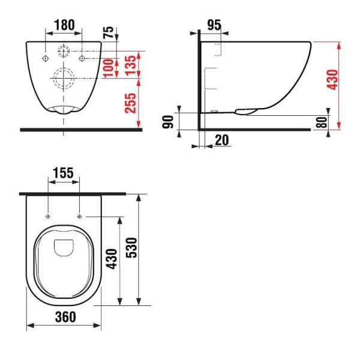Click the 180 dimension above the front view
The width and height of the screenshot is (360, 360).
[x=64, y=25]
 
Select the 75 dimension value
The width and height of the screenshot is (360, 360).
[x=107, y=31]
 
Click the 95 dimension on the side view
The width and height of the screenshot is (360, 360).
[x=214, y=25]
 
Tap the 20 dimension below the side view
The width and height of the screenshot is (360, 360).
[x=221, y=140]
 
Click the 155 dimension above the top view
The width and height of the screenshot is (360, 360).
[x=63, y=173]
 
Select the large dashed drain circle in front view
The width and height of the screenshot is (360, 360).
[x=63, y=78]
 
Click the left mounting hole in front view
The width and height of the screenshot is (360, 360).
[x=46, y=58]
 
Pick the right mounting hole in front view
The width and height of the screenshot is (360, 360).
[x=82, y=58]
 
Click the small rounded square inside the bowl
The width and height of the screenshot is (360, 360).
[x=63, y=247]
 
